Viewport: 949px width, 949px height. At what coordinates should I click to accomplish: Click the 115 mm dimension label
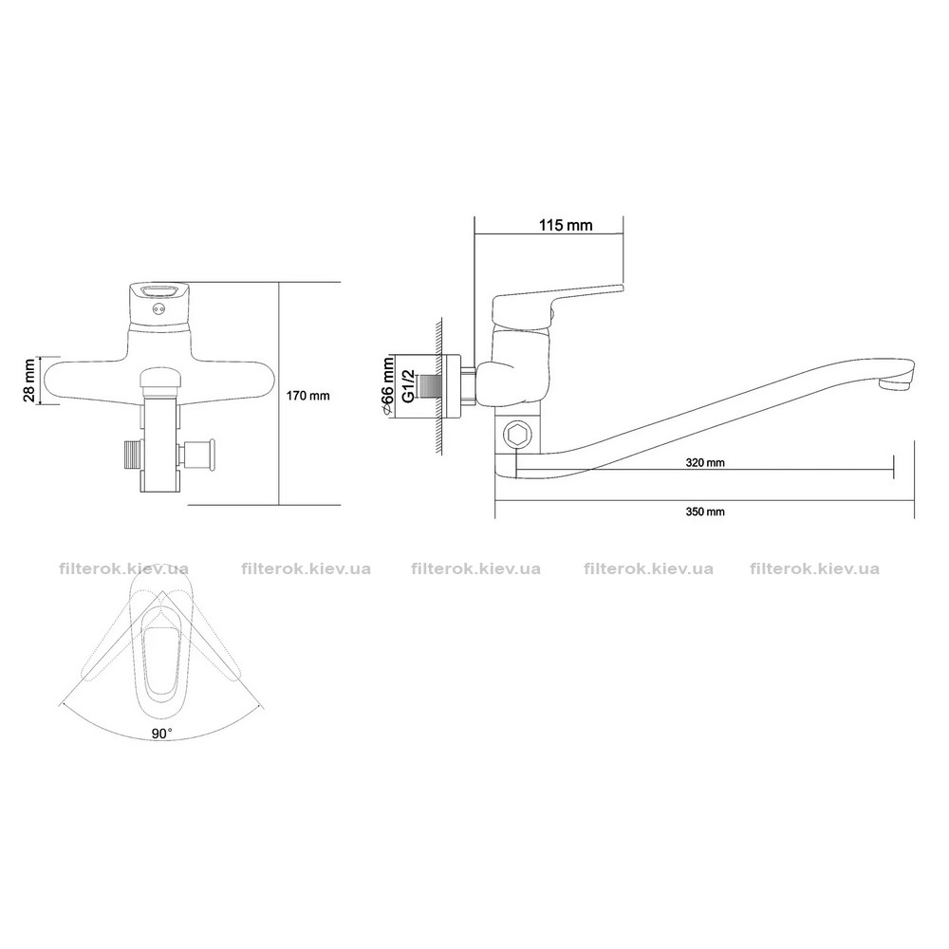[566, 225]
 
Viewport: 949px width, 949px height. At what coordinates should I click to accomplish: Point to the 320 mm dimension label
[705, 463]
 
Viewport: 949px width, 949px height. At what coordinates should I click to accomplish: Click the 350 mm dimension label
[705, 512]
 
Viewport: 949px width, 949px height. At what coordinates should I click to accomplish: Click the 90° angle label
[161, 733]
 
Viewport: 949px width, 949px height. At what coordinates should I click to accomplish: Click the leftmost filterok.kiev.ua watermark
[124, 569]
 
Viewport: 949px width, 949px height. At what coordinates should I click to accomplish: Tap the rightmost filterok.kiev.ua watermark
[814, 569]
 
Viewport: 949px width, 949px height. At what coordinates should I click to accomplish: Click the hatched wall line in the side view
[440, 387]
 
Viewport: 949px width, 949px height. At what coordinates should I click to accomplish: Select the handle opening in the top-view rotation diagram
[159, 661]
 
